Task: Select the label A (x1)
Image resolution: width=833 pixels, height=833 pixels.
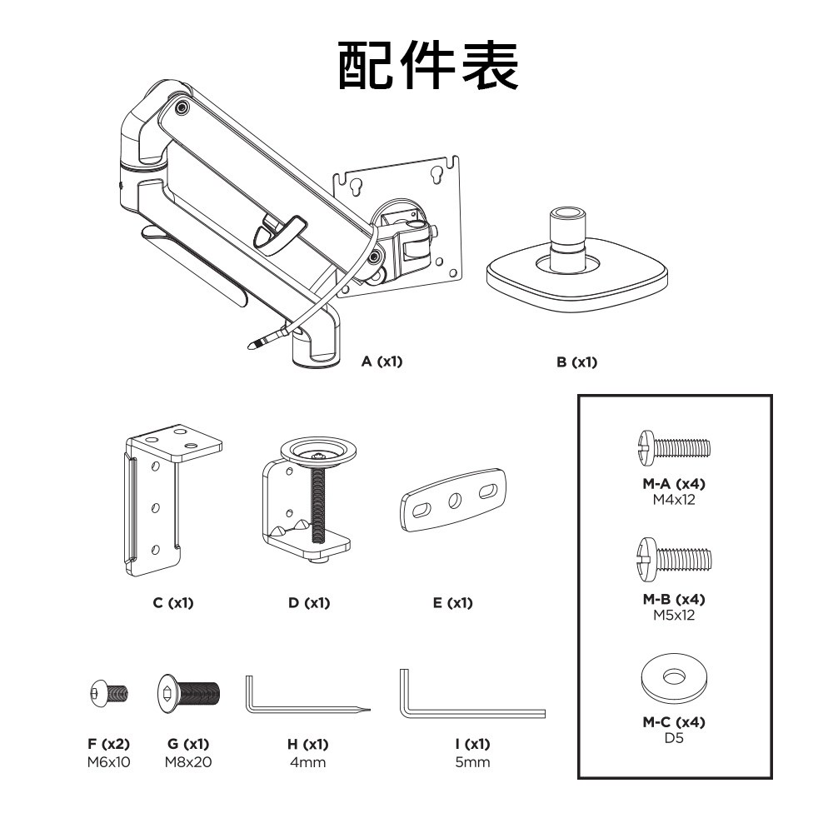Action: (x=382, y=362)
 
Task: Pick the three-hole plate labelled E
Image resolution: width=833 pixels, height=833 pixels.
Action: (x=453, y=501)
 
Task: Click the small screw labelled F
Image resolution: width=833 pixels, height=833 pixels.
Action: (x=108, y=693)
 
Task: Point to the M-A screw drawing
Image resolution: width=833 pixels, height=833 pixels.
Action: (x=674, y=447)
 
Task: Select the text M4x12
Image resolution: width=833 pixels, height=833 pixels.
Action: (x=674, y=500)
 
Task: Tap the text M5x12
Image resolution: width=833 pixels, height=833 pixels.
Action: (x=674, y=616)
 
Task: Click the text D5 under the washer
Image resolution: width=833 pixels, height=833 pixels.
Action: (x=674, y=738)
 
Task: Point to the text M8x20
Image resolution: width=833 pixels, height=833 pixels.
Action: (x=188, y=761)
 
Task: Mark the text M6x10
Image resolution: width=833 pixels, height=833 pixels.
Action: (x=108, y=761)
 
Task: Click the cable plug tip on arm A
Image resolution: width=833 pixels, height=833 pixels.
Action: (x=254, y=344)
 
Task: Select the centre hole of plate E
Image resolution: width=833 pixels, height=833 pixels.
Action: (x=454, y=501)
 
